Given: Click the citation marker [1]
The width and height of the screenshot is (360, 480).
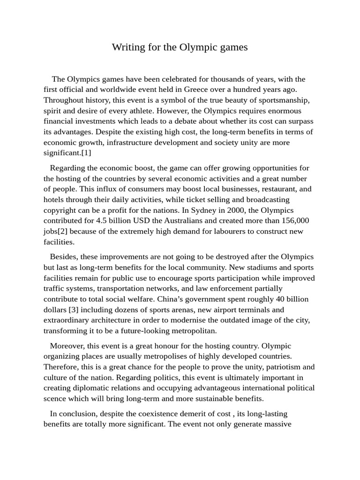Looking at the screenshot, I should (x=87, y=153).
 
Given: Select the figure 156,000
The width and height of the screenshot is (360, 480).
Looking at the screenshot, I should (x=292, y=220).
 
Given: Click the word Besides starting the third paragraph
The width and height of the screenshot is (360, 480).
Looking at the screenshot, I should (x=64, y=257).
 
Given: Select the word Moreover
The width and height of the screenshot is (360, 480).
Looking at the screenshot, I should (x=67, y=346).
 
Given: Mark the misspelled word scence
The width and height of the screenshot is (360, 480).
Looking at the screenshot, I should (x=55, y=399).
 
